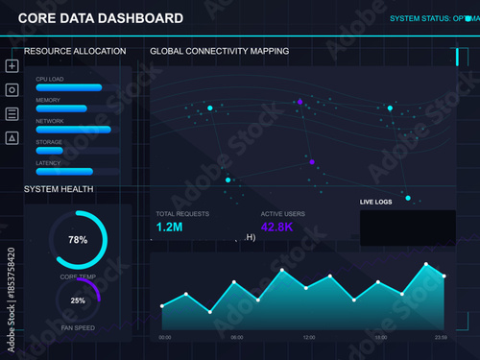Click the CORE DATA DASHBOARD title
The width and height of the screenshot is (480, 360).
101,18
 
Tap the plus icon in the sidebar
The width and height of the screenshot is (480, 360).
12,66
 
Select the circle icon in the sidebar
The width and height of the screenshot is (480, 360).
12,90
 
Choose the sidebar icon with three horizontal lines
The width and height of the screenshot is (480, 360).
12,114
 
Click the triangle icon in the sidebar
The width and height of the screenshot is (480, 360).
12,138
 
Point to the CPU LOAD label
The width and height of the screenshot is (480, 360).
49,79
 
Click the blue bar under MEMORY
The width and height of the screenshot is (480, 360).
61,108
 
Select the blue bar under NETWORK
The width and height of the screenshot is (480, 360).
73,130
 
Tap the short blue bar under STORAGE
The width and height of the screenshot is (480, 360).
49,151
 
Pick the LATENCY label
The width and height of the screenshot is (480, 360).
48,163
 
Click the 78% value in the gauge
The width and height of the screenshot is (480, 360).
78,239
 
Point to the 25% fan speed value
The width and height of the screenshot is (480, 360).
78,300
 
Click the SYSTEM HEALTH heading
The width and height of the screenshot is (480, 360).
59,189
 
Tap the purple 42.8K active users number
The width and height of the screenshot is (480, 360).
279,228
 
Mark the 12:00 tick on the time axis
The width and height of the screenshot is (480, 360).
309,338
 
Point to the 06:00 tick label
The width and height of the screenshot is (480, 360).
237,338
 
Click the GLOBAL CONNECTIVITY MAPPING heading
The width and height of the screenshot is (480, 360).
220,50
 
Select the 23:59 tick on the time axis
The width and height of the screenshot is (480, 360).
440,338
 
